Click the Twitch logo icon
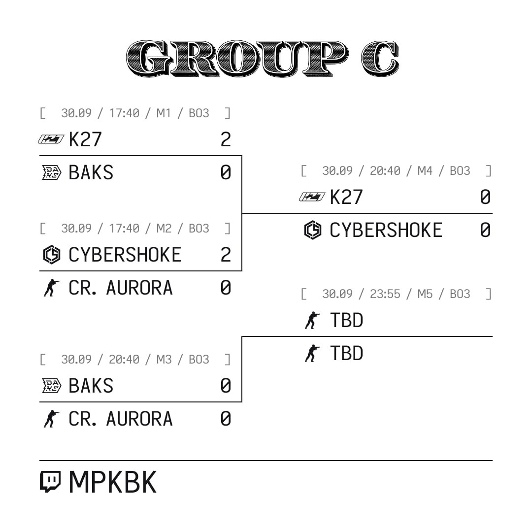click(50, 482)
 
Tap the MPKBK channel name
click(113, 482)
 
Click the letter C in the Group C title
click(380, 58)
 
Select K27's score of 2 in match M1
click(226, 139)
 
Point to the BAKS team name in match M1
click(91, 172)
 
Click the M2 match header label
click(164, 229)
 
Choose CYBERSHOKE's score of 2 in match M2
click(226, 255)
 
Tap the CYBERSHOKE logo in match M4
click(312, 230)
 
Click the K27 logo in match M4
click(312, 197)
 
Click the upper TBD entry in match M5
click(346, 320)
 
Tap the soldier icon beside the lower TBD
click(312, 353)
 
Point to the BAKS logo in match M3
click(52, 386)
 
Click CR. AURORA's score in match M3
click(226, 419)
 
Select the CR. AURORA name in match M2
click(121, 288)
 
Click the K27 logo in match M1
click(51, 139)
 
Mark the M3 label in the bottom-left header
click(164, 359)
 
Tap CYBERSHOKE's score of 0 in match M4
click(485, 230)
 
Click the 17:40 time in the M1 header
click(124, 113)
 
